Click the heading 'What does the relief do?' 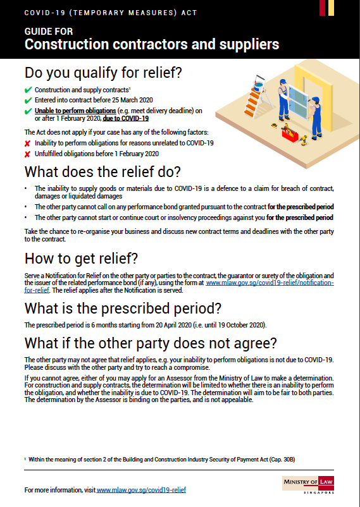[102, 172]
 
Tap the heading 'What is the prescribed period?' [122, 308]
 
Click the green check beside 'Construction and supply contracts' [28, 90]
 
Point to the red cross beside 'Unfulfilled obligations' [28, 154]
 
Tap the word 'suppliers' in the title [246, 44]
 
